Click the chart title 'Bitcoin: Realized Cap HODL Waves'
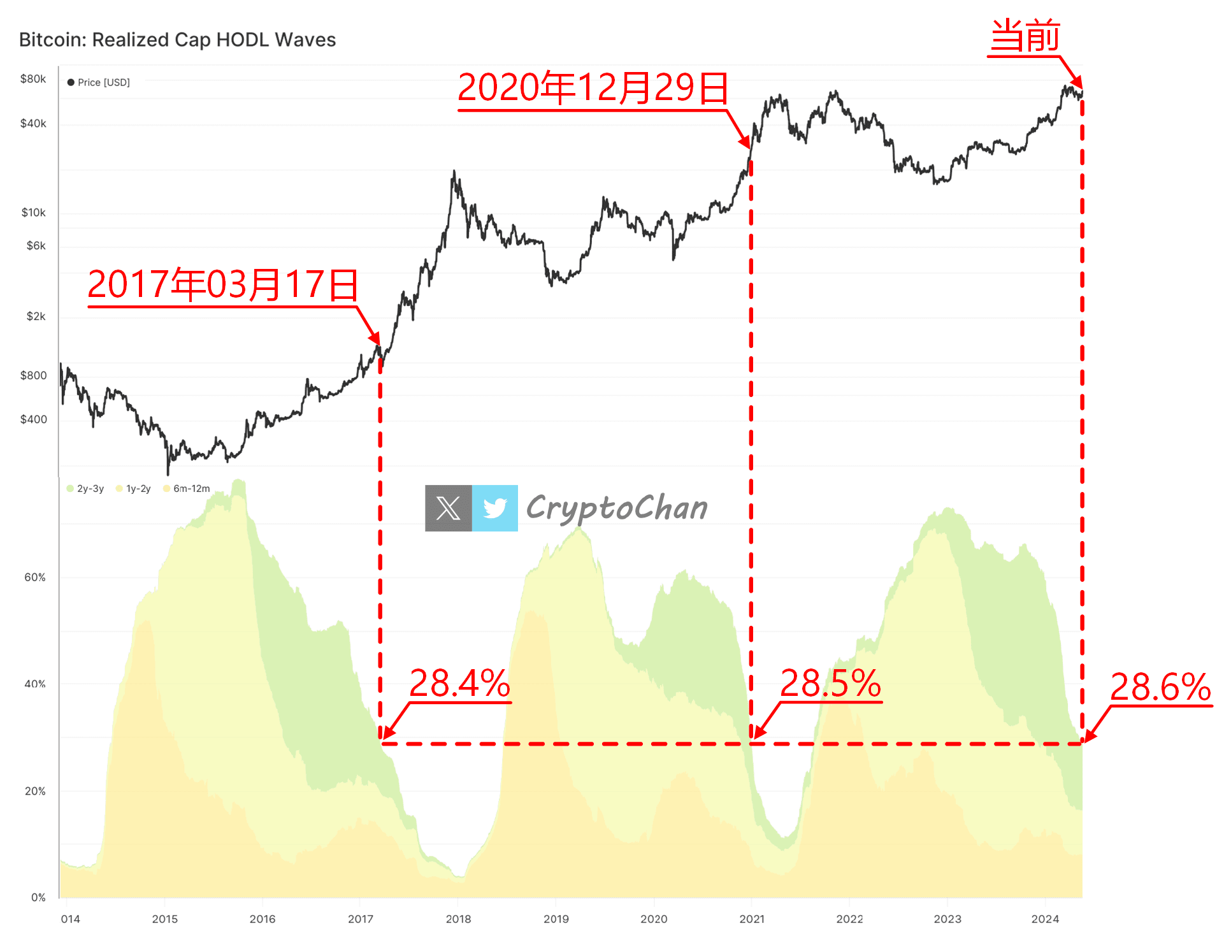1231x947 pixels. coord(177,40)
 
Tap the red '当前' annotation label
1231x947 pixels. coord(1025,36)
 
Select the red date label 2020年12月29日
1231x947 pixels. coord(593,88)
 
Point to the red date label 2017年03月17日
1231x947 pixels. coord(222,284)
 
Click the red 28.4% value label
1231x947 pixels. coord(459,683)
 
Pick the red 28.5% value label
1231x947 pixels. coord(830,683)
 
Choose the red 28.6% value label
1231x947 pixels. coord(1160,687)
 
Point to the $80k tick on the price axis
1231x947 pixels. coord(33,79)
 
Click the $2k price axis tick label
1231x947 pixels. coord(36,317)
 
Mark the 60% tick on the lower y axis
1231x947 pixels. coord(34,577)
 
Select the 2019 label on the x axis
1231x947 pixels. coord(556,919)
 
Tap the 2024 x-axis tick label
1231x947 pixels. coord(1045,919)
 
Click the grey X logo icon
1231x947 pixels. coord(449,508)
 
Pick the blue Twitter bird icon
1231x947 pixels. coord(495,508)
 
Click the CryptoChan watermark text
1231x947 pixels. coord(617,508)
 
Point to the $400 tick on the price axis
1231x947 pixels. coord(33,419)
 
